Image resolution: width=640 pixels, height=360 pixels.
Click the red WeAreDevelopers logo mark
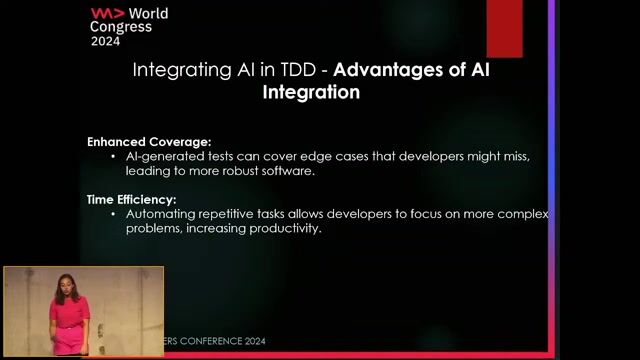pyautogui.click(x=108, y=13)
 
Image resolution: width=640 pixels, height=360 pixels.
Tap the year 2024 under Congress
pyautogui.click(x=105, y=41)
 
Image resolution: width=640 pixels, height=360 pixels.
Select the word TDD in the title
pyautogui.click(x=298, y=70)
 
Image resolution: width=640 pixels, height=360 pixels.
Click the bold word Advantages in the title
pyautogui.click(x=388, y=70)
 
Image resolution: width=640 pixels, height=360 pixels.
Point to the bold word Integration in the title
pyautogui.click(x=311, y=92)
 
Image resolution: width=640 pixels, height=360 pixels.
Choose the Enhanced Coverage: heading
pyautogui.click(x=149, y=142)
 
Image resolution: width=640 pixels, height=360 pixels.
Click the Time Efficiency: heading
pyautogui.click(x=131, y=200)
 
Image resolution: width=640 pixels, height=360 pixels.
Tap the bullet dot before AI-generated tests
pyautogui.click(x=113, y=156)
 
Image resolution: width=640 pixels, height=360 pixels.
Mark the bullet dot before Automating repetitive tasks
pyautogui.click(x=113, y=214)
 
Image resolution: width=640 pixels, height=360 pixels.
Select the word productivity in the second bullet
pyautogui.click(x=285, y=229)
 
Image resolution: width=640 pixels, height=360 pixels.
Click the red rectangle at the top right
pyautogui.click(x=504, y=29)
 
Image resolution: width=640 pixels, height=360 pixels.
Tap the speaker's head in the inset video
pyautogui.click(x=64, y=282)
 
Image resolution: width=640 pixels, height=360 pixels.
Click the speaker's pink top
pyautogui.click(x=69, y=312)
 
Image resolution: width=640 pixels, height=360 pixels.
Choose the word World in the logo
pyautogui.click(x=148, y=13)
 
